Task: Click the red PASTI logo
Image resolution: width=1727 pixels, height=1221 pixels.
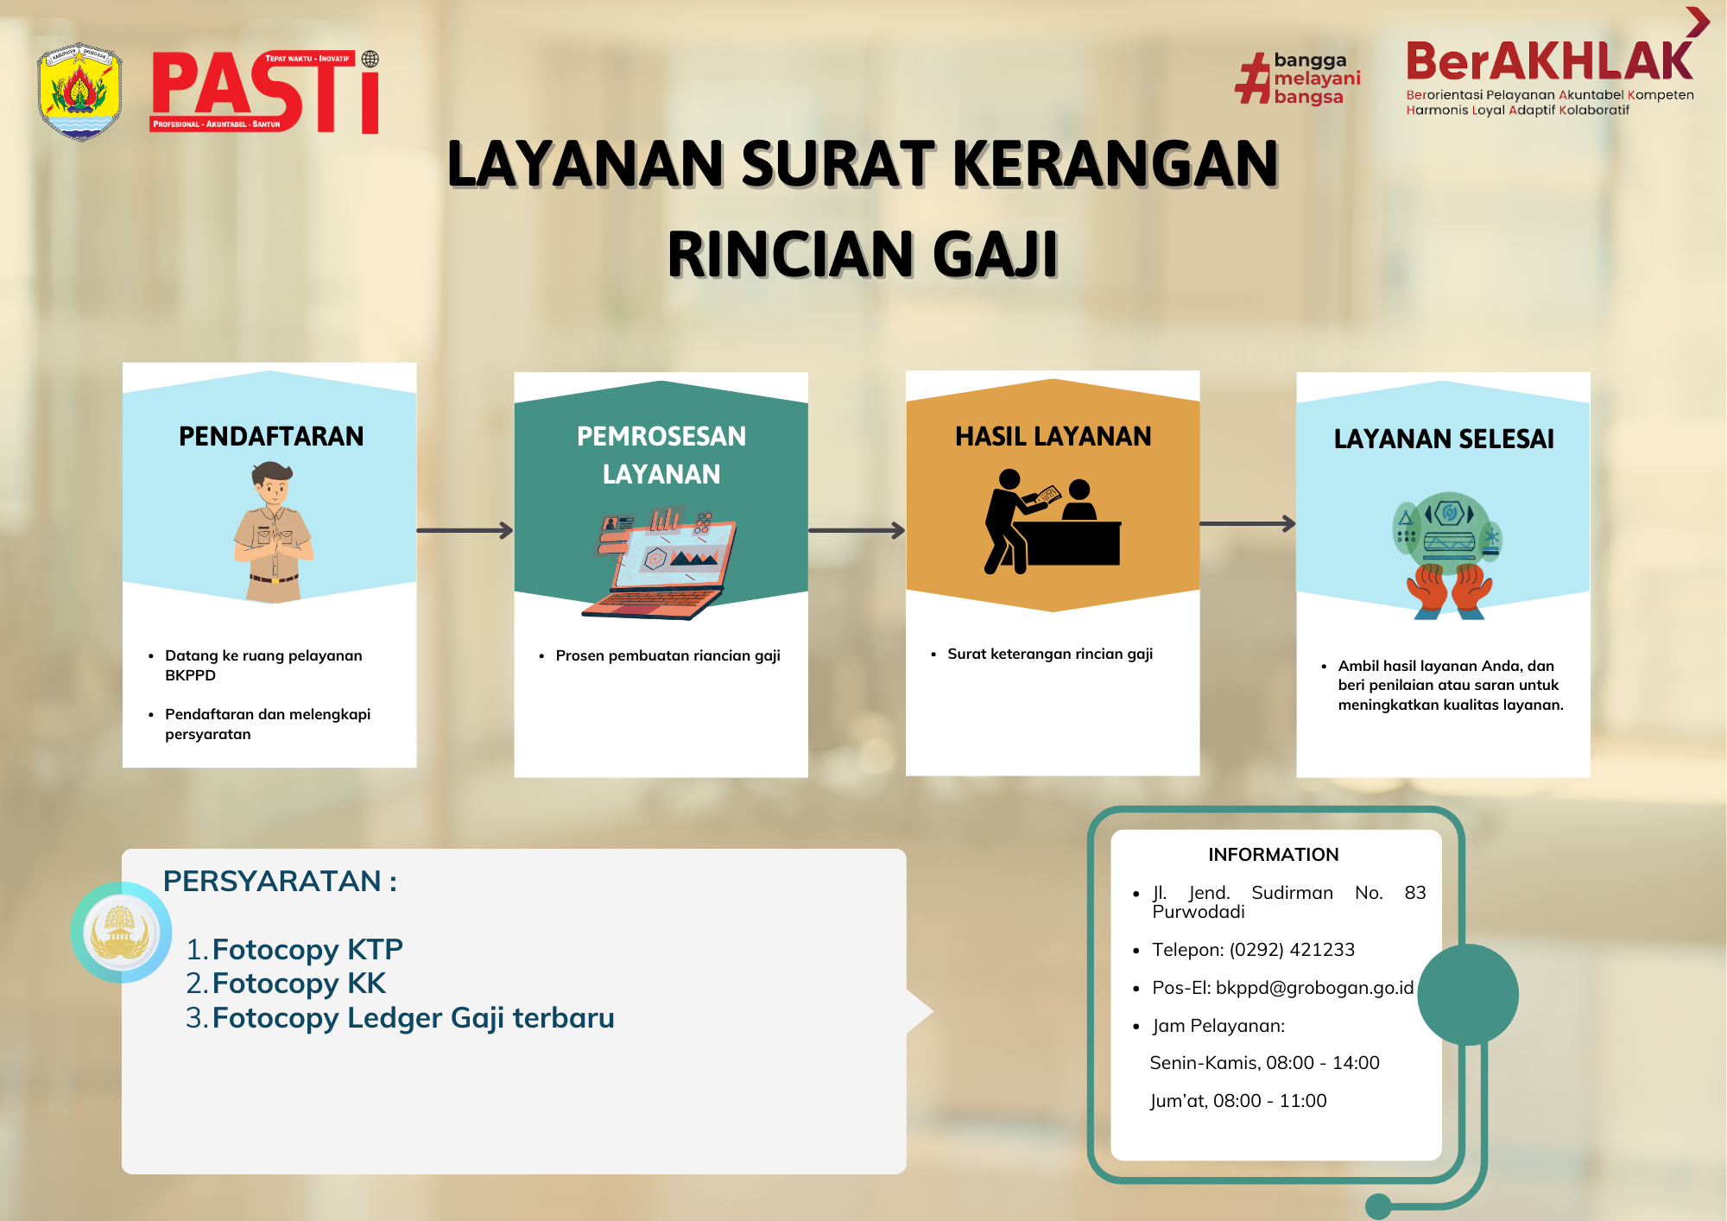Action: pyautogui.click(x=265, y=92)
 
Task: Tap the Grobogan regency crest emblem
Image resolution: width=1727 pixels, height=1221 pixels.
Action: pyautogui.click(x=79, y=92)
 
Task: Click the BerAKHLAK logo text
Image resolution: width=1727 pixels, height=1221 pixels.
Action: pyautogui.click(x=1549, y=61)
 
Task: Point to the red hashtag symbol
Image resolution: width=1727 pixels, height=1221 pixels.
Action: pyautogui.click(x=1253, y=79)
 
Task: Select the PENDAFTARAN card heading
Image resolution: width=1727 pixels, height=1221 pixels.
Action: pyautogui.click(x=271, y=436)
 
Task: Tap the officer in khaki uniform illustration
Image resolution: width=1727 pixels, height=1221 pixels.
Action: pyautogui.click(x=273, y=532)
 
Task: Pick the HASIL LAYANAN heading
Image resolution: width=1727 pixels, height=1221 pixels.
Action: pyautogui.click(x=1053, y=436)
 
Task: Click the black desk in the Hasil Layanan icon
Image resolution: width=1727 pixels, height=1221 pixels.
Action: pyautogui.click(x=1072, y=543)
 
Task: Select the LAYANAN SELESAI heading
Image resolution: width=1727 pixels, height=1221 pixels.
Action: pyautogui.click(x=1444, y=439)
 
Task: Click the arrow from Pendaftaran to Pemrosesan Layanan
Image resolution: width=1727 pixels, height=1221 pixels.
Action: pyautogui.click(x=465, y=530)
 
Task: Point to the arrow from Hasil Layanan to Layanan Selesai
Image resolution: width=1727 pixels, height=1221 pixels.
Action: pyautogui.click(x=1248, y=523)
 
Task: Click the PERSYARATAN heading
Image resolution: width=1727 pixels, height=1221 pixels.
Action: pyautogui.click(x=280, y=881)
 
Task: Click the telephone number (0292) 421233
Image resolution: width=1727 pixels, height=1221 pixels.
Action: pyautogui.click(x=1292, y=950)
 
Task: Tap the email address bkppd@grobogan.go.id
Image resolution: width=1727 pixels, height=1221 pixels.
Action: pyautogui.click(x=1314, y=988)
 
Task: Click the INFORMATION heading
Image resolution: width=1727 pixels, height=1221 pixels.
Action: pyautogui.click(x=1273, y=855)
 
